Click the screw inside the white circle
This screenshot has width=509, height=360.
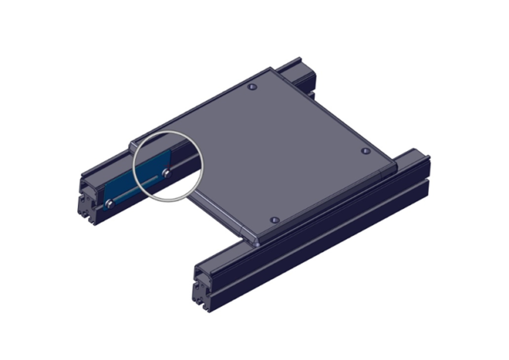(166, 171)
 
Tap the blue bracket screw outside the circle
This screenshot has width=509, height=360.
(110, 203)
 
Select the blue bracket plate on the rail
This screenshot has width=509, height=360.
(127, 186)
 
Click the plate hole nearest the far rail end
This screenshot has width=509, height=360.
(252, 86)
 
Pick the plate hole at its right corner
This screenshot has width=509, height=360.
(365, 150)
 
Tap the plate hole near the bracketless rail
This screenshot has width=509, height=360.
(274, 219)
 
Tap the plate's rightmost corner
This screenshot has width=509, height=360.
(393, 166)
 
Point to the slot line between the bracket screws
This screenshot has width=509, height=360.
(137, 190)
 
